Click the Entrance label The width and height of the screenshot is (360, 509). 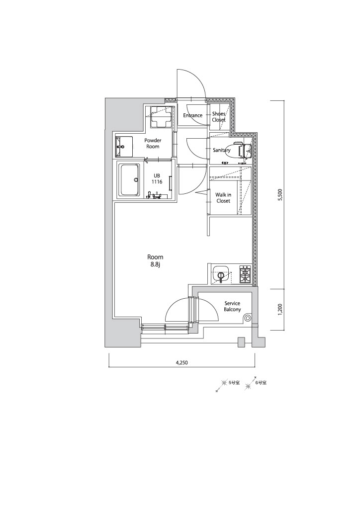pyautogui.click(x=192, y=115)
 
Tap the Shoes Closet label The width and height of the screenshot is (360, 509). pyautogui.click(x=219, y=117)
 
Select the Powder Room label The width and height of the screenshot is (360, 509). pyautogui.click(x=153, y=144)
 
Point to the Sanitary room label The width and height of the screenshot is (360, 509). pyautogui.click(x=222, y=150)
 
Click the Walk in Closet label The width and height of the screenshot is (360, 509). pyautogui.click(x=223, y=198)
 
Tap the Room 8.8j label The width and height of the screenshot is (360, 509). pyautogui.click(x=155, y=260)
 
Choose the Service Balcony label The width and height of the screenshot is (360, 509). pyautogui.click(x=232, y=306)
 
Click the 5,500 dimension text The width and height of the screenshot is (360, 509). pyautogui.click(x=281, y=195)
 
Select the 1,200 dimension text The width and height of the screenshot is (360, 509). pyautogui.click(x=281, y=309)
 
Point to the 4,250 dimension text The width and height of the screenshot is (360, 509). pyautogui.click(x=182, y=363)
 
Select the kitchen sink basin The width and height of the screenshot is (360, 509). pyautogui.click(x=221, y=274)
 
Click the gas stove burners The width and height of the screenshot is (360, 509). pyautogui.click(x=245, y=274)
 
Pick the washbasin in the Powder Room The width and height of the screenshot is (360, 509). pyautogui.click(x=124, y=147)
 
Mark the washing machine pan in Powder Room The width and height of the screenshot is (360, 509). pyautogui.click(x=161, y=117)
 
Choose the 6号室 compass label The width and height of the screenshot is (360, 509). pyautogui.click(x=261, y=383)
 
